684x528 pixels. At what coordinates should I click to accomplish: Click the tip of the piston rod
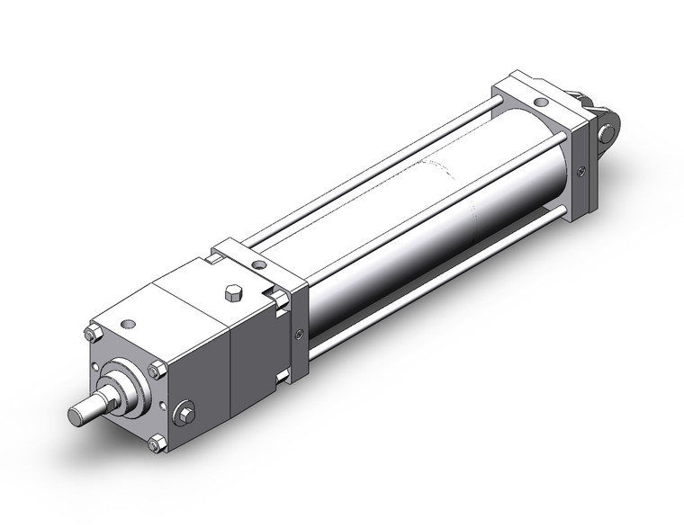[76, 416]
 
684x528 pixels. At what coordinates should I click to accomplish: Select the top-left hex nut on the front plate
[93, 336]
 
